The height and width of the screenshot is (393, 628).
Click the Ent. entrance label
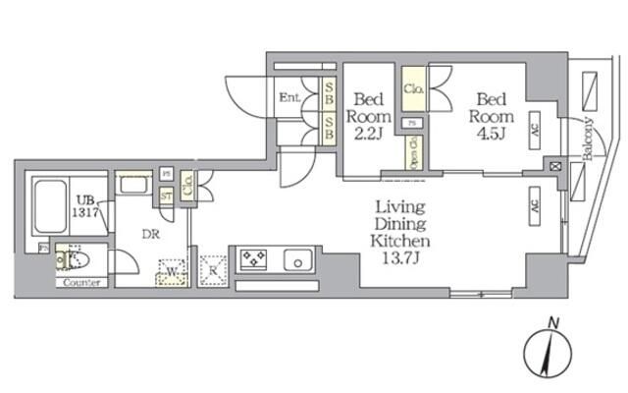288,97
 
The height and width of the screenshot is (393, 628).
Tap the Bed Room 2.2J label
368,114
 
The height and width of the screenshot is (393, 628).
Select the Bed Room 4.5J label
491,113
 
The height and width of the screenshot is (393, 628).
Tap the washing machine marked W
171,270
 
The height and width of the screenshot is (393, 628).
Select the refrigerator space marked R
212,270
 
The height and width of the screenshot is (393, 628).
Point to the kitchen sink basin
297,261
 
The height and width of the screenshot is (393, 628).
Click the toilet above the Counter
71,259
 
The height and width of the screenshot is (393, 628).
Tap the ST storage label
167,194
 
